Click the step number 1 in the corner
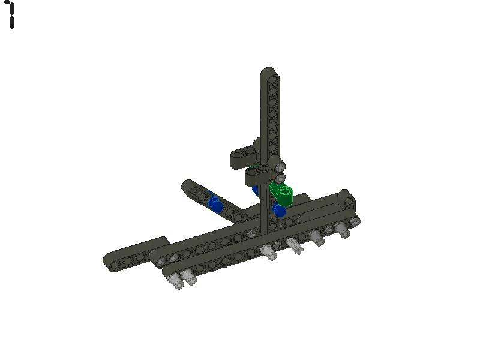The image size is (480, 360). click(x=11, y=15)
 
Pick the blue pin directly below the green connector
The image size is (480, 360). click(x=279, y=210)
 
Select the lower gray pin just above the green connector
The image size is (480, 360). click(x=280, y=178)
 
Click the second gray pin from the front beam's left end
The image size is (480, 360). click(x=190, y=279)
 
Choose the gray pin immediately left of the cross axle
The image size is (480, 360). click(x=269, y=253)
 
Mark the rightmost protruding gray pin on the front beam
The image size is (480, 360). click(x=343, y=230)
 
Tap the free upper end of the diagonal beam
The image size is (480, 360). click(x=188, y=186)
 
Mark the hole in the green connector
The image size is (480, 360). click(x=286, y=192)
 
